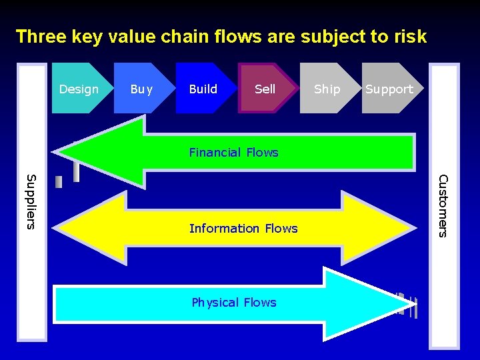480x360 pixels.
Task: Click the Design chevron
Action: pos(79,89)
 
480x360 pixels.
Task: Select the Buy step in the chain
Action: pos(141,89)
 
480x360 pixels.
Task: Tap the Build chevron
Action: pos(203,89)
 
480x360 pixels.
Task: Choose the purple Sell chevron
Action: pos(265,89)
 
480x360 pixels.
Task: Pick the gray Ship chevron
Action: pos(327,89)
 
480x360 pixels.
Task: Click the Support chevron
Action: pos(389,89)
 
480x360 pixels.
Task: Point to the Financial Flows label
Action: pos(233,152)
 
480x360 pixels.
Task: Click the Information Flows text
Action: pos(243,228)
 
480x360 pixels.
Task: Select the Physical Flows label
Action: pos(233,302)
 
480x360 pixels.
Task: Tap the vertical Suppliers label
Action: pos(31,201)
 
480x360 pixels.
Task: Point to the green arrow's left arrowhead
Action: pos(100,151)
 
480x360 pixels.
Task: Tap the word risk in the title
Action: pos(409,36)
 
